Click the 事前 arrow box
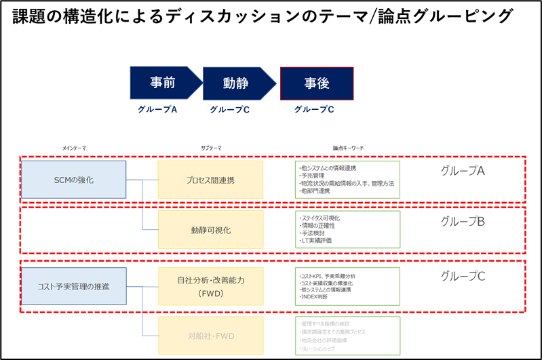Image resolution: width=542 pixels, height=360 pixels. tap(163, 83)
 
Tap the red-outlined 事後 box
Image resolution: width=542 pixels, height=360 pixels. tap(316, 83)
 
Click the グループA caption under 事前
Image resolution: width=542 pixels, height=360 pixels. tap(157, 109)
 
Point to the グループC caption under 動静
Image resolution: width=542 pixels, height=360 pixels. tap(229, 109)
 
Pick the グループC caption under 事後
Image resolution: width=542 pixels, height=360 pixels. tap(313, 109)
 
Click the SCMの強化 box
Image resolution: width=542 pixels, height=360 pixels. tap(73, 180)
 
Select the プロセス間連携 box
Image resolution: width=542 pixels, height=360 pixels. tap(210, 180)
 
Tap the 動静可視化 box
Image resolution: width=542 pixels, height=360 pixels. tap(210, 230)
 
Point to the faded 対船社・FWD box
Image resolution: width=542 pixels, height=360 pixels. tap(210, 335)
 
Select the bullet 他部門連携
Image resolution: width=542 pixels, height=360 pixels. tap(315, 191)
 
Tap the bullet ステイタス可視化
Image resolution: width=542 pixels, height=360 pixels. tap(320, 218)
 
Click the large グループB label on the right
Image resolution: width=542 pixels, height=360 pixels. tap(463, 221)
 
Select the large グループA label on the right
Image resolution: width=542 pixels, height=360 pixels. tap(463, 171)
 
